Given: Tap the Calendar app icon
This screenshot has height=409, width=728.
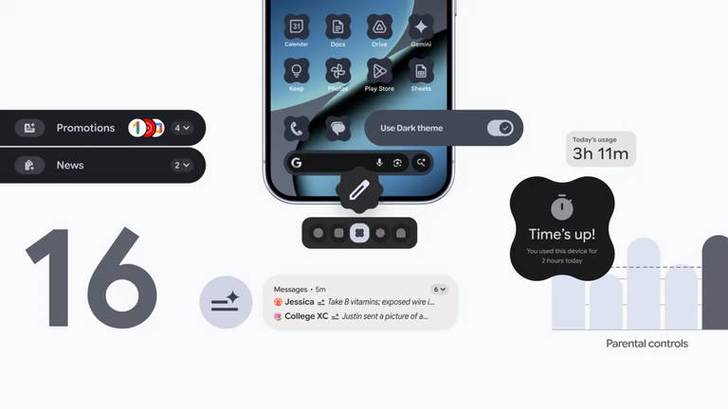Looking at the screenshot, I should (297, 26).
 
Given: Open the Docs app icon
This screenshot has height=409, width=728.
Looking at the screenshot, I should (337, 26).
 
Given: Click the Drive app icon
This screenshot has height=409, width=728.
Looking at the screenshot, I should (379, 26).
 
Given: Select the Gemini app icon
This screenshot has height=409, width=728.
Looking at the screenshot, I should (421, 26).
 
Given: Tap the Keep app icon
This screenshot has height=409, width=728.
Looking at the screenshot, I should (297, 71).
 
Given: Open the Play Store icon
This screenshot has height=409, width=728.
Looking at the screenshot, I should (379, 71).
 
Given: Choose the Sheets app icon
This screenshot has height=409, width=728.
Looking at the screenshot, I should (421, 71).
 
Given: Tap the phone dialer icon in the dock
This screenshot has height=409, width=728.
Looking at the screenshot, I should (297, 129).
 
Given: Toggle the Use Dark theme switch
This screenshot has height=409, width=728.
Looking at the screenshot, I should (500, 128).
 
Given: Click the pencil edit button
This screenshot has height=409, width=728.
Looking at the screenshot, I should (358, 190).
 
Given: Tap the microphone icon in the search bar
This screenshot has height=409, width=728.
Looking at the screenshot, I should (379, 163).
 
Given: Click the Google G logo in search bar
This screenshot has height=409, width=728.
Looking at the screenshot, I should (297, 163).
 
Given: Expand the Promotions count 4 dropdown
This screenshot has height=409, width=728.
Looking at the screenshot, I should (183, 128).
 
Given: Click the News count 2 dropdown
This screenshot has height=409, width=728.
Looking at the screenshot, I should (182, 165).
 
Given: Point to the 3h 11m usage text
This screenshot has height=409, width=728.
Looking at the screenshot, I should (600, 153).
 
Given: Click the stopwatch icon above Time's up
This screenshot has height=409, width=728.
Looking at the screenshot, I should (562, 205).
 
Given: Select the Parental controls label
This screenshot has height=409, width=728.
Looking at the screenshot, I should (646, 344).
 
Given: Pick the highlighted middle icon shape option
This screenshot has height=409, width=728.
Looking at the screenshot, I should (358, 233).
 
